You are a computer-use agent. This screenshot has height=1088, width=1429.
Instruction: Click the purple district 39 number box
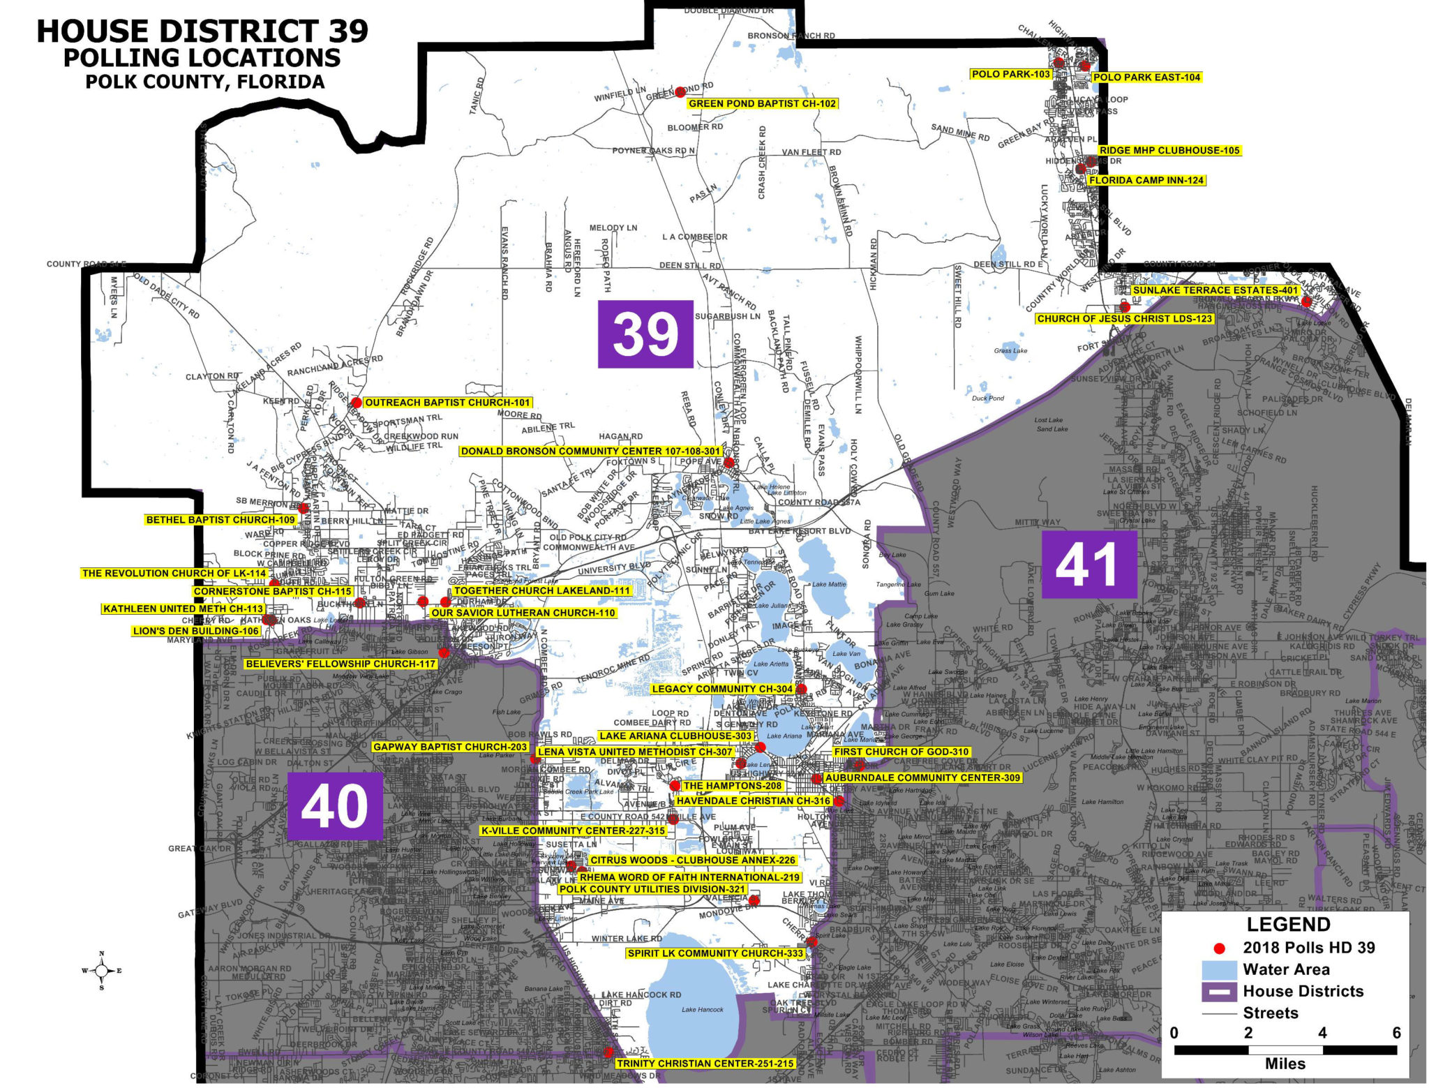(645, 334)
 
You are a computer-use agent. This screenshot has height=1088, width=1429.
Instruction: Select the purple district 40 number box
(334, 805)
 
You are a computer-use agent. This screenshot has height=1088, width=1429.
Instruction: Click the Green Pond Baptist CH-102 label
(762, 104)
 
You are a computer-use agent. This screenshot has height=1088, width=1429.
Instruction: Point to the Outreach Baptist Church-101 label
(447, 403)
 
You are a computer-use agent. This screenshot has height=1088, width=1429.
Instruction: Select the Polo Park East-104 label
(1146, 77)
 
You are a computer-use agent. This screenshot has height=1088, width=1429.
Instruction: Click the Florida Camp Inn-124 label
(1146, 180)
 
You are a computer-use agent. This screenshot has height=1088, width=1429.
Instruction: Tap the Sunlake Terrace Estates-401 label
(1215, 290)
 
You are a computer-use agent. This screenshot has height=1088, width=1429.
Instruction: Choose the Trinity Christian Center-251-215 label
(705, 1064)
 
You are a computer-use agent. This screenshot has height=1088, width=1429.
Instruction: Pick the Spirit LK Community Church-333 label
(715, 953)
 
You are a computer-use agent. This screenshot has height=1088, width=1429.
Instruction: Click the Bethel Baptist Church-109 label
(220, 520)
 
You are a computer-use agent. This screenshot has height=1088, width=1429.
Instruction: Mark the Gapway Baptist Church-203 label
(450, 747)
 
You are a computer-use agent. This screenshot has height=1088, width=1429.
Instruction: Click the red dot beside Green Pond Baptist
(680, 91)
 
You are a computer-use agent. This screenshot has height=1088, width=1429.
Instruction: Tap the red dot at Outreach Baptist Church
(357, 403)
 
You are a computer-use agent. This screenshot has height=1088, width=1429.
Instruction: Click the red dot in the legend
(1219, 948)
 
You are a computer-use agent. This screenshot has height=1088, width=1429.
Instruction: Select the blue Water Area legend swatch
(1219, 970)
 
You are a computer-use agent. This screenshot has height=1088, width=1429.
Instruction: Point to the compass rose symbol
(102, 970)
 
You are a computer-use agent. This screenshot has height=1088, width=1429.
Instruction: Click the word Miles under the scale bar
(1285, 1064)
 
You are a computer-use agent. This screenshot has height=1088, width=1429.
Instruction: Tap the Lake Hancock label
(702, 1009)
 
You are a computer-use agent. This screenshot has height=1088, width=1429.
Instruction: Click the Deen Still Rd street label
(690, 266)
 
